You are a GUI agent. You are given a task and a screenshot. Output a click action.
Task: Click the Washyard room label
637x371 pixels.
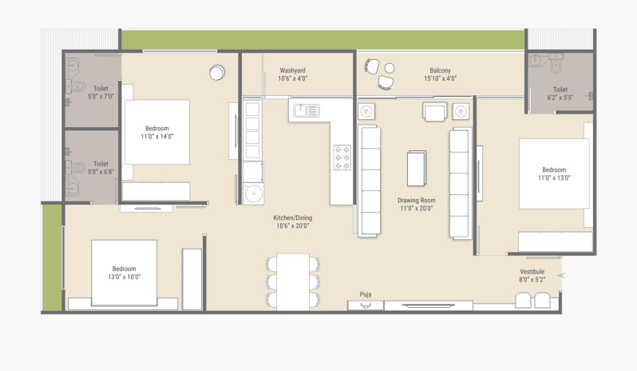tap(292, 70)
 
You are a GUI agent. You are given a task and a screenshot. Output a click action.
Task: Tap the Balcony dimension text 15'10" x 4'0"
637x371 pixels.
tap(441, 78)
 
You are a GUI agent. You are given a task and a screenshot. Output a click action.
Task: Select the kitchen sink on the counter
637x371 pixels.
tap(307, 110)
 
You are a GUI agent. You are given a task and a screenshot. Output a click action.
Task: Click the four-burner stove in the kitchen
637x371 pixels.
tap(342, 158)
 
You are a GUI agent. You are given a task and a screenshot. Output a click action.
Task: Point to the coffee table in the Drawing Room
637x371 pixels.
tap(417, 168)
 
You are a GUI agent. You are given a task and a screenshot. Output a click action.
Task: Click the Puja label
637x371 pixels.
tap(366, 294)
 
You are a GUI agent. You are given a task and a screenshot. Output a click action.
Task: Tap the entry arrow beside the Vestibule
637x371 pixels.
tap(561, 275)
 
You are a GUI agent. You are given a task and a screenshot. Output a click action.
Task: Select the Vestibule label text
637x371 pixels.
tap(532, 271)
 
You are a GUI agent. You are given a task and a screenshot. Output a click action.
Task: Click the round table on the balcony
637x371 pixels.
tap(390, 68)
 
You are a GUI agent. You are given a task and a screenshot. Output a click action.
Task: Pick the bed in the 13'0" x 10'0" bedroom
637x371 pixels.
tap(124, 273)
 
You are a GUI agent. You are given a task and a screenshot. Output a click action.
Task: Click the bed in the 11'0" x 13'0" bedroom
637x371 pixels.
tap(554, 174)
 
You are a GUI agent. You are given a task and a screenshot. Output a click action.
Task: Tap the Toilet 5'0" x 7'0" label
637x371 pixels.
tap(101, 92)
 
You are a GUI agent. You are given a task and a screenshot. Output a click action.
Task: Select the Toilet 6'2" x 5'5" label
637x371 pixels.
tap(560, 94)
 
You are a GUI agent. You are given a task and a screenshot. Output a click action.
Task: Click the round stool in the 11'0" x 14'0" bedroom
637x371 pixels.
tap(217, 73)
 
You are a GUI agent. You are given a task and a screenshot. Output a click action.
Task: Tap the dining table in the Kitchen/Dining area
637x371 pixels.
tap(293, 282)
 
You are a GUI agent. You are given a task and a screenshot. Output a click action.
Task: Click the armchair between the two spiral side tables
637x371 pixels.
tap(435, 111)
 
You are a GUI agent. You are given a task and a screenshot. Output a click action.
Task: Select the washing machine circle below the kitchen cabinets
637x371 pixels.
tap(254, 193)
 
